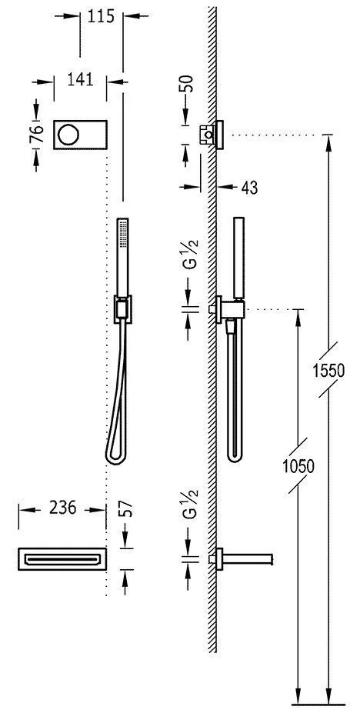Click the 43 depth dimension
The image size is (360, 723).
point(248,187)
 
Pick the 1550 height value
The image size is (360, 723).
point(329,371)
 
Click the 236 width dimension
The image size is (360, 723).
point(62,508)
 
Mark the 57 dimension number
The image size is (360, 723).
point(127,508)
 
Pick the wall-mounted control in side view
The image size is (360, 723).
point(212,135)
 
